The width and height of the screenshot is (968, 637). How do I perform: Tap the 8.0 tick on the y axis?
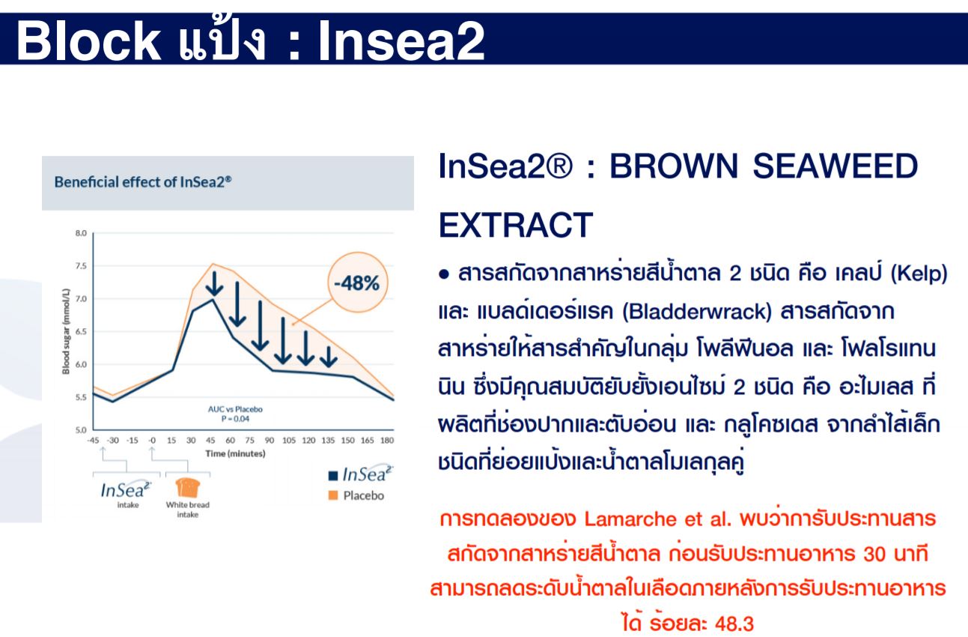point(81,234)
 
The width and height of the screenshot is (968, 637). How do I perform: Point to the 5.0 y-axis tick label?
point(81,430)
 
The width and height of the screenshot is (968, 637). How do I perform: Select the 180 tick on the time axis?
point(387,440)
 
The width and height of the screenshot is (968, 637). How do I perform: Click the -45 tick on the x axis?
point(93,440)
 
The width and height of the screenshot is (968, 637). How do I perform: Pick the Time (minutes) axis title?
point(235,453)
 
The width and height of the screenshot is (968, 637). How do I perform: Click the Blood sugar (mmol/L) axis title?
point(66,330)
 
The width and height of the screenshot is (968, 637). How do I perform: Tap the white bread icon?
point(188,487)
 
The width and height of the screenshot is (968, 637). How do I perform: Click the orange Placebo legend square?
point(332,495)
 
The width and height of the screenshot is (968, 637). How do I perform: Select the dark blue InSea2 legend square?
point(332,476)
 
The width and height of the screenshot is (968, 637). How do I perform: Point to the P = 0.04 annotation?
point(235,419)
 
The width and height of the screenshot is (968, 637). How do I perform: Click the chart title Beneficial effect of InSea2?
point(142,182)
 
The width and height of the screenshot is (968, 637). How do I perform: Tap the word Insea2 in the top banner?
point(401,40)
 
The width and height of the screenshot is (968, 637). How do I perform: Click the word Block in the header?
point(88,40)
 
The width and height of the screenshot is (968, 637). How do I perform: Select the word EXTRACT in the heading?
point(516,225)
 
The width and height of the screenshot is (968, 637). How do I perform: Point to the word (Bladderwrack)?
point(696,311)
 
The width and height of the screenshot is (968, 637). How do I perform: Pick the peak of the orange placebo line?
point(212,264)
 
